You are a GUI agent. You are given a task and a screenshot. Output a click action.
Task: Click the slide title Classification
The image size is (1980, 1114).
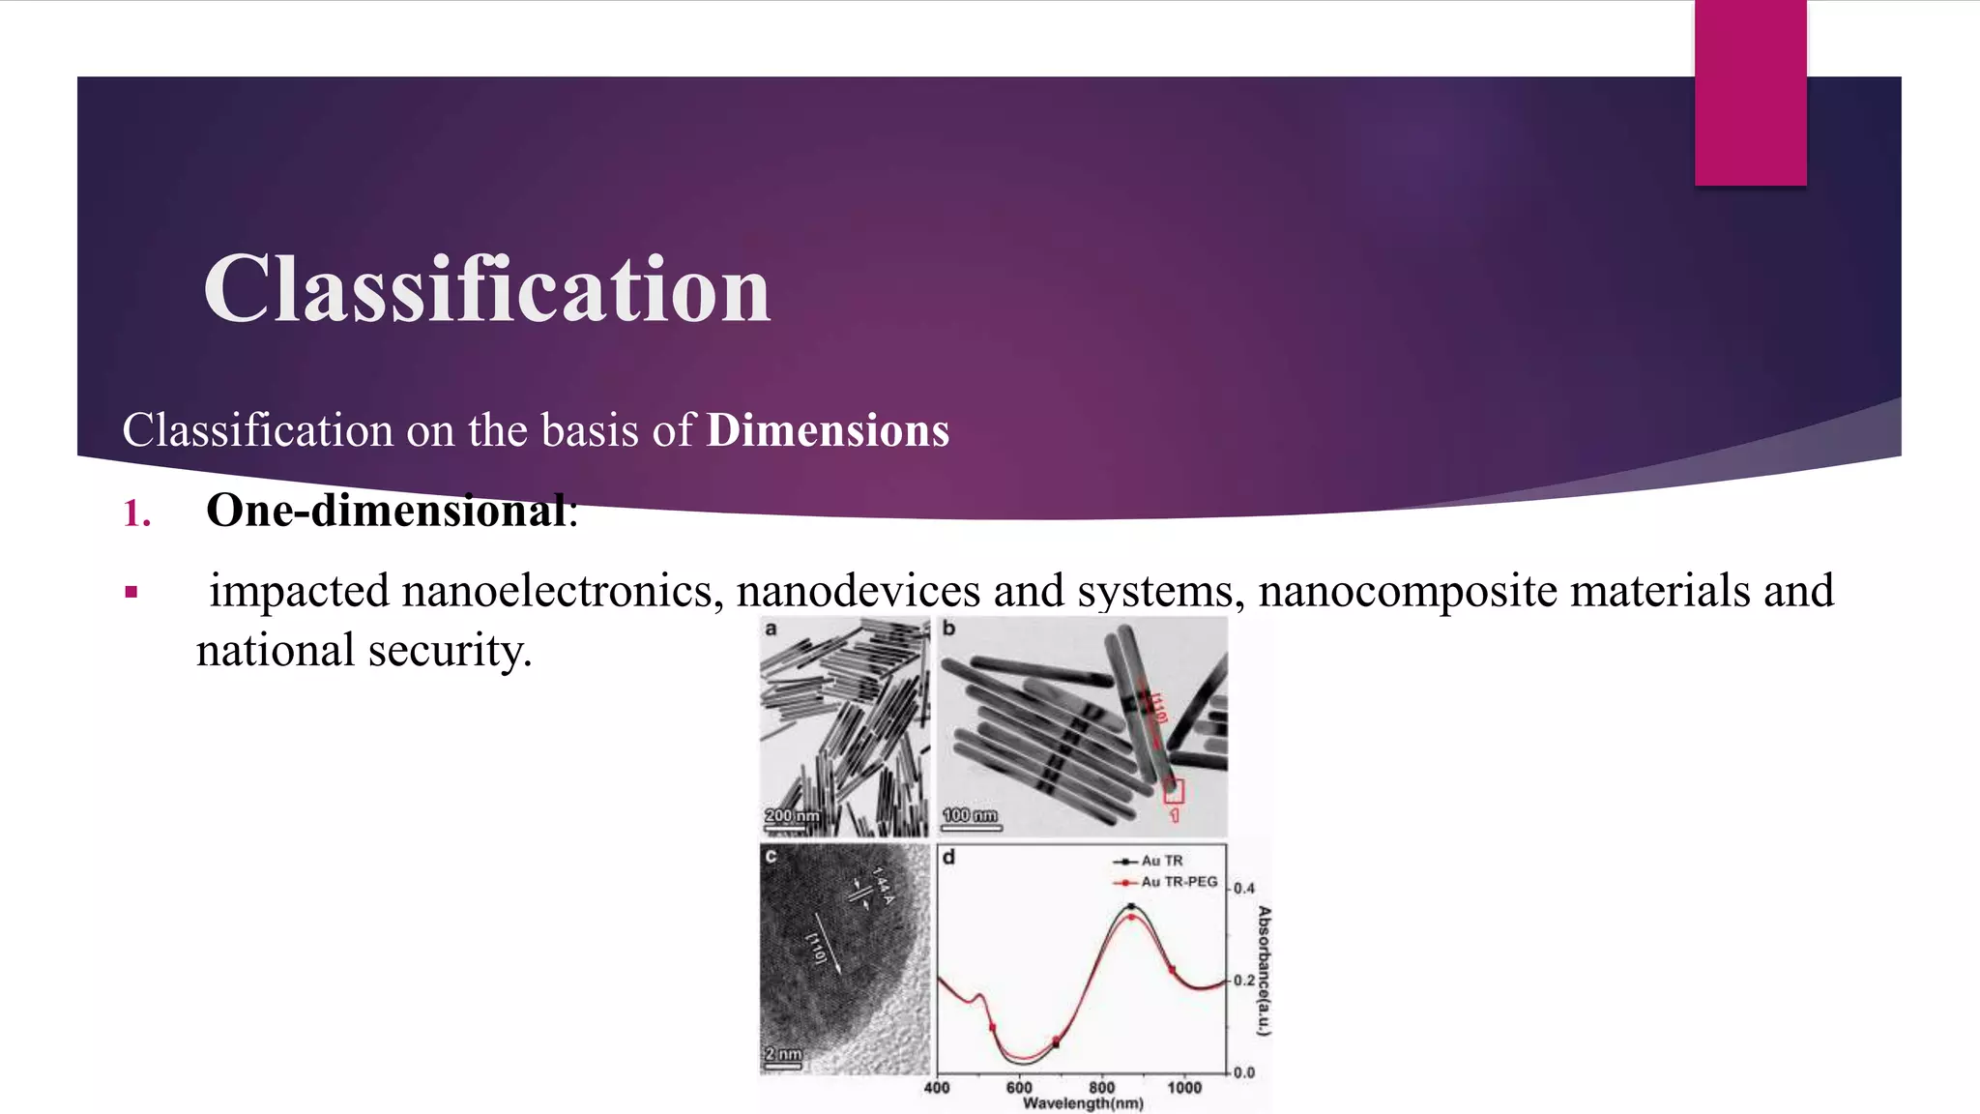click(x=486, y=289)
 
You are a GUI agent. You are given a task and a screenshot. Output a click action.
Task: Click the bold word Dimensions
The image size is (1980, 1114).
click(x=828, y=431)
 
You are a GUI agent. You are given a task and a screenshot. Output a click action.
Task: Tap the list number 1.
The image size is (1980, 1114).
click(x=137, y=513)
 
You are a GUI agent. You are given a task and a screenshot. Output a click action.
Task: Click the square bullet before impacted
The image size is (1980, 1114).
click(x=131, y=592)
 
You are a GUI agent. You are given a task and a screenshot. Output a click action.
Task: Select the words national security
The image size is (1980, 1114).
click(x=364, y=651)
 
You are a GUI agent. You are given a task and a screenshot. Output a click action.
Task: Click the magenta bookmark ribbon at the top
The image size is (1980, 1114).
click(x=1750, y=92)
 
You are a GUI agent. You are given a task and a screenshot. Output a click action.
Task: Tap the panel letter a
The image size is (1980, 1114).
click(x=771, y=629)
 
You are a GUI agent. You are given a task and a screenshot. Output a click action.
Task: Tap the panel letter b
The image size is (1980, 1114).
click(x=948, y=629)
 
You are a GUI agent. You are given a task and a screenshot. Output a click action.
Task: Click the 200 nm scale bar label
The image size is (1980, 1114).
click(x=791, y=815)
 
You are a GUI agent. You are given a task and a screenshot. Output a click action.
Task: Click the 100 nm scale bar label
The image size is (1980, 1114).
click(x=970, y=815)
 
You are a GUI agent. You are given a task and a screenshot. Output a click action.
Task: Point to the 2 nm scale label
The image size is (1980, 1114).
click(x=782, y=1053)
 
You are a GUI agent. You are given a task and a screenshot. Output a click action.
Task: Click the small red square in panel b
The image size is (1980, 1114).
click(x=1173, y=792)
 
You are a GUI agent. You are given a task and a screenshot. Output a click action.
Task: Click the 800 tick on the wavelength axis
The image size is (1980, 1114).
click(x=1101, y=1087)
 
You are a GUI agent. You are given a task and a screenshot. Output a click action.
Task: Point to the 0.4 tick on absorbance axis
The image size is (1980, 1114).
click(x=1244, y=888)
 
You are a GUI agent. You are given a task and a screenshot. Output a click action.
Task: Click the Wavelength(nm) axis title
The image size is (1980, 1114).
click(x=1083, y=1103)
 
